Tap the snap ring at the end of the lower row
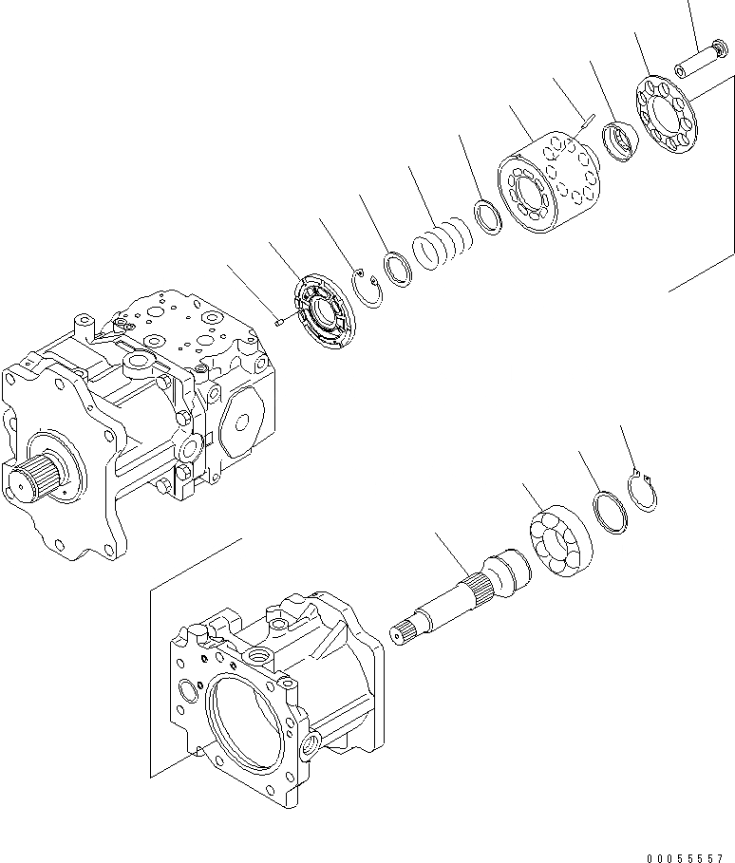(647, 492)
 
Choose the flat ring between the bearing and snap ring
(609, 514)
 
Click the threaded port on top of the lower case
(259, 655)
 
